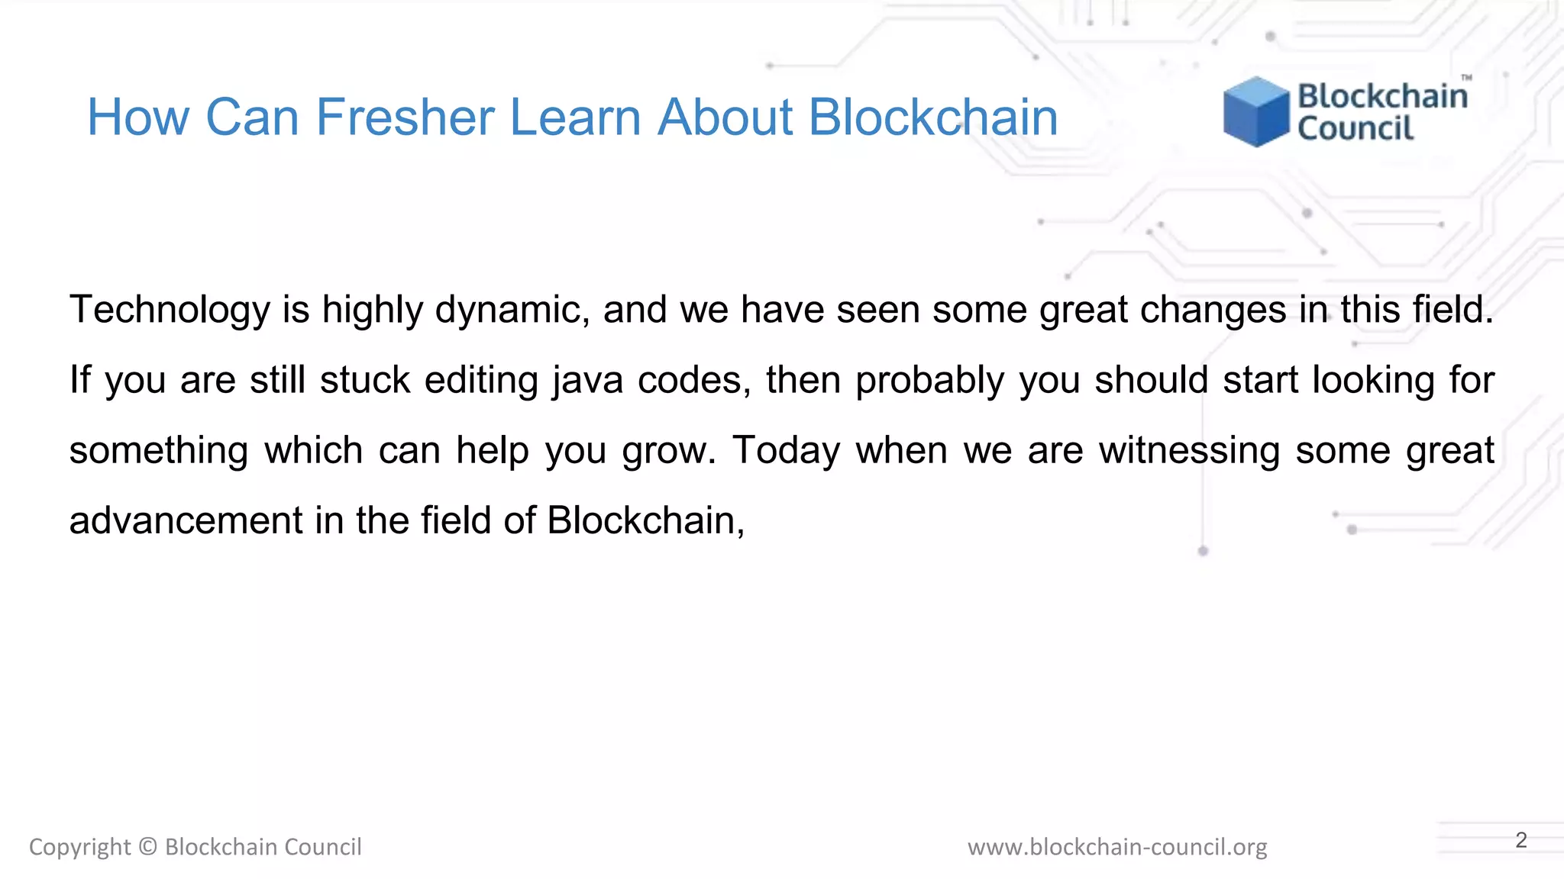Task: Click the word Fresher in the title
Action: tap(406, 118)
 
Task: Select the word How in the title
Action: tap(137, 118)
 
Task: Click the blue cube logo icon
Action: tap(1255, 111)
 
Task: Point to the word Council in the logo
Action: tap(1356, 128)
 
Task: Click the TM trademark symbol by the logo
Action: tap(1466, 78)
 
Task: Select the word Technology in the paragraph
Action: tap(170, 310)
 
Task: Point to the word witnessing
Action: tap(1189, 450)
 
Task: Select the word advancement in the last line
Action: tap(186, 520)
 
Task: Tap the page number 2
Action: tap(1521, 840)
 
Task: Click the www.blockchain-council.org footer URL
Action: tap(1117, 847)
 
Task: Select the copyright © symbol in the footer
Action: tap(148, 847)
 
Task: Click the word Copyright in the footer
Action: tap(79, 847)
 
